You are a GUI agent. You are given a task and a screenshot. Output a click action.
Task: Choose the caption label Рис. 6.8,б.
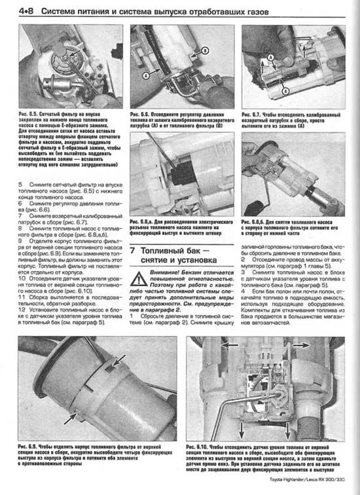(x=256, y=221)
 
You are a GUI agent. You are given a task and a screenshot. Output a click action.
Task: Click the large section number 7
(x=134, y=251)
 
